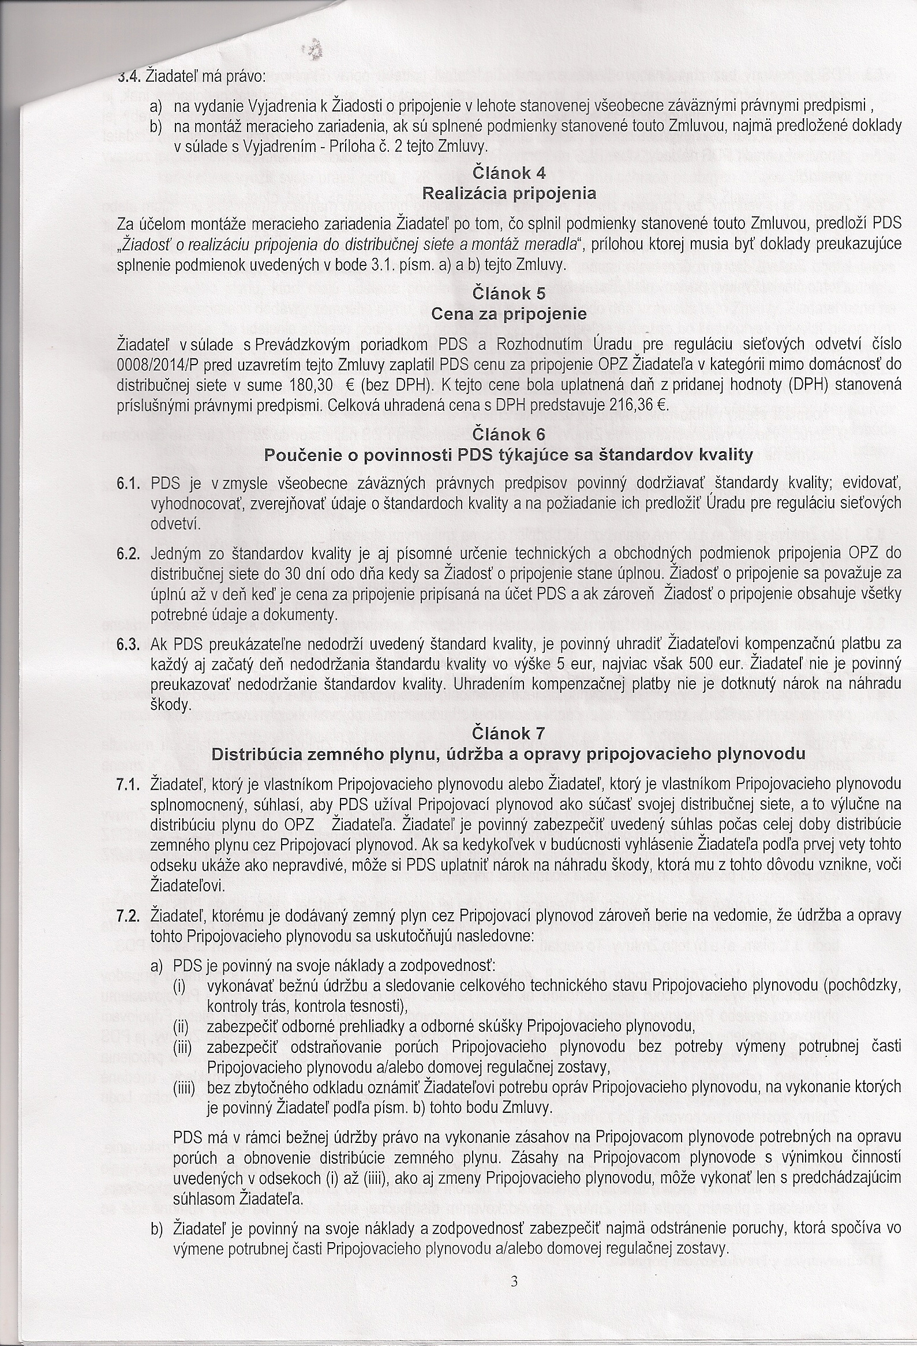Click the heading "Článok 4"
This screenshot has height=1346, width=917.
[509, 173]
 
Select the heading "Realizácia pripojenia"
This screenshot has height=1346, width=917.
[509, 193]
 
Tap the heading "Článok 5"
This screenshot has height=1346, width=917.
[509, 294]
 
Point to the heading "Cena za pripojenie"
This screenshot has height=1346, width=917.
[509, 314]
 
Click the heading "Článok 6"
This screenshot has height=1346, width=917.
[509, 434]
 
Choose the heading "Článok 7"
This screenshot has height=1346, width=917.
[509, 733]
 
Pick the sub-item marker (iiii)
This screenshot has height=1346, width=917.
[185, 1088]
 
